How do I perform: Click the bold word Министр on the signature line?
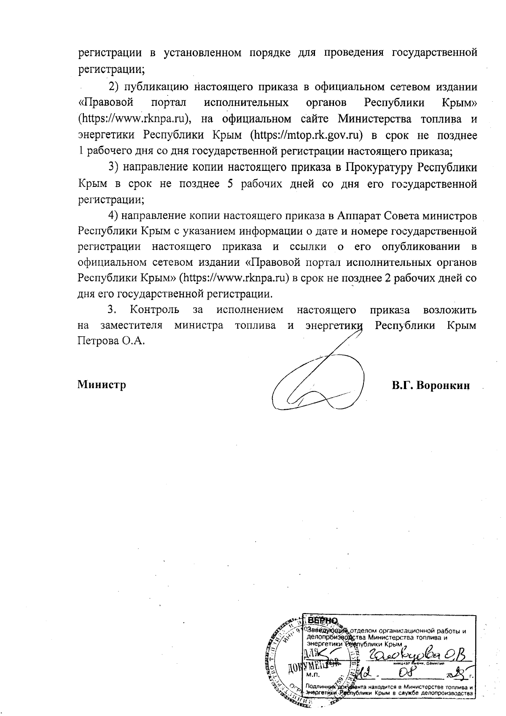(102, 385)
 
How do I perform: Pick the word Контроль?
(154, 310)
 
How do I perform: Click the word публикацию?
(154, 87)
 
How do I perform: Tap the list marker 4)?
(114, 215)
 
